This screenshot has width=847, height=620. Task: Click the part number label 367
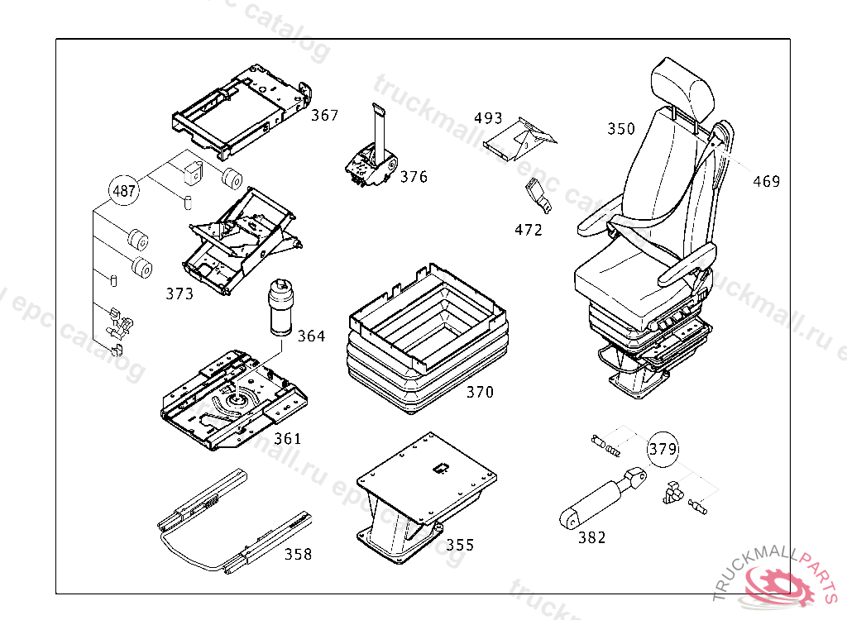tap(324, 116)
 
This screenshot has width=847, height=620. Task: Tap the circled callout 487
tap(123, 192)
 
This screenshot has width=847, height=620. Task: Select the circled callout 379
tap(663, 450)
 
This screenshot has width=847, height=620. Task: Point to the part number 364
tap(311, 336)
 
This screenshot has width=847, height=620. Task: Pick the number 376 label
tap(414, 177)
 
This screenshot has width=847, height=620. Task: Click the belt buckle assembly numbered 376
tap(370, 162)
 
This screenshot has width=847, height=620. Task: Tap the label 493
tap(488, 118)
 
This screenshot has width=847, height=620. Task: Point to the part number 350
tap(621, 129)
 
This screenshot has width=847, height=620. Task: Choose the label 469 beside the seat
tap(766, 182)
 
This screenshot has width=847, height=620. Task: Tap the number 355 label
tap(460, 545)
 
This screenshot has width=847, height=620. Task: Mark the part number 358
tap(298, 554)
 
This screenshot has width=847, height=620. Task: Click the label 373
tap(179, 293)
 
